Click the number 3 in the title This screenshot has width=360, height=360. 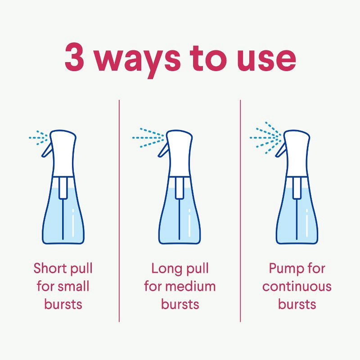(74, 57)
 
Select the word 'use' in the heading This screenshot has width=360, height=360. (266, 59)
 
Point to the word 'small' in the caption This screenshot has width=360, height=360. (73, 286)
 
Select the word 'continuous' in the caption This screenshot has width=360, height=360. (297, 287)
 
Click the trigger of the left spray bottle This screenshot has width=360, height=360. (47, 149)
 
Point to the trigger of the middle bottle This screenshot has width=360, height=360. (163, 149)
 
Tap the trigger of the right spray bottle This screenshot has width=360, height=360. (281, 149)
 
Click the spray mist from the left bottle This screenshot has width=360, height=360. (38, 138)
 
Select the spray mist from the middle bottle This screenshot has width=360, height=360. (148, 138)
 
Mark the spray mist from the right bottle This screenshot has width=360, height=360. (265, 138)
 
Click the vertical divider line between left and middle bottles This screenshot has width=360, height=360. (119, 211)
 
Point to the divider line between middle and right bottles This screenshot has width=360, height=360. (240, 211)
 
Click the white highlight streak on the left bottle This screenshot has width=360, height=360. (73, 223)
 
